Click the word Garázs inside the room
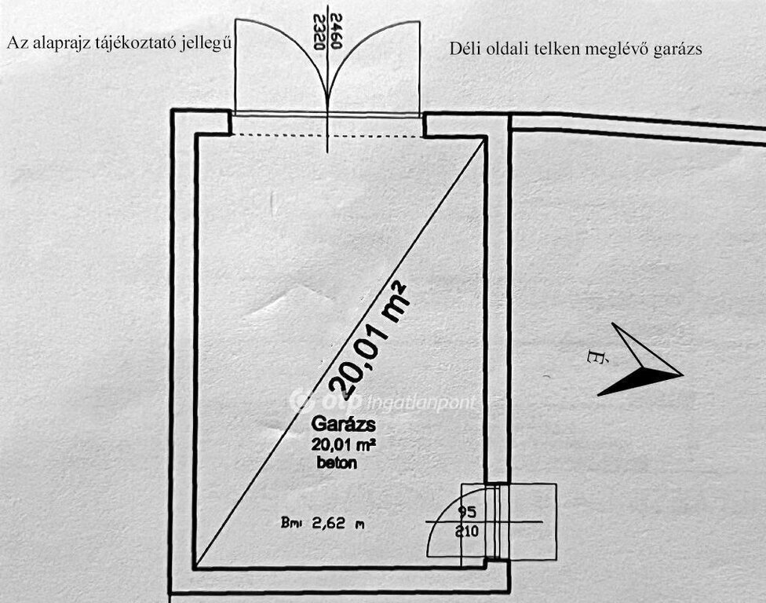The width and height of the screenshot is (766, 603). coord(344,426)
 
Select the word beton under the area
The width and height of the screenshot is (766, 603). coord(337,462)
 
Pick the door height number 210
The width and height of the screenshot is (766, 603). coord(468,531)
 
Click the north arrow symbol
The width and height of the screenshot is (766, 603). coord(641,360)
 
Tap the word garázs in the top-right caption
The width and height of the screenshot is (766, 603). coord(679,49)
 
